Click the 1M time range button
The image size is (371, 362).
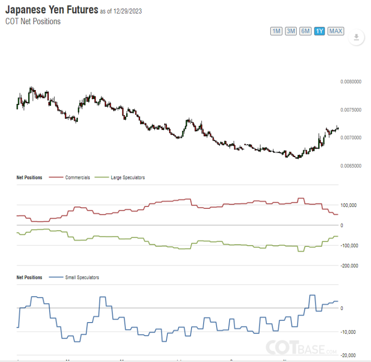tap(276, 31)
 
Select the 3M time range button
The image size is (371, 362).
tap(291, 31)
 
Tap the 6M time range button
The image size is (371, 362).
tap(305, 31)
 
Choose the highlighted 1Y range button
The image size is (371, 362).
tap(319, 31)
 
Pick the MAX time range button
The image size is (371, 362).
tap(336, 31)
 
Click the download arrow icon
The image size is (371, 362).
tap(356, 38)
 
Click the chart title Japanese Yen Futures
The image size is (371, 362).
tap(51, 10)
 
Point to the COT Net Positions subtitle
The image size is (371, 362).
tap(33, 21)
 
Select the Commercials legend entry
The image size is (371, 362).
tap(77, 177)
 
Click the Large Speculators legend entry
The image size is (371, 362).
tap(128, 177)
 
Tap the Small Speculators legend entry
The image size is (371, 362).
tap(81, 278)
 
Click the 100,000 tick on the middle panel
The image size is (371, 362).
tap(348, 205)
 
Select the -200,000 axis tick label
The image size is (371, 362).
tap(349, 266)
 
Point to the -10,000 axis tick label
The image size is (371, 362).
tap(348, 332)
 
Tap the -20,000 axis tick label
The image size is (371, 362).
tap(348, 356)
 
